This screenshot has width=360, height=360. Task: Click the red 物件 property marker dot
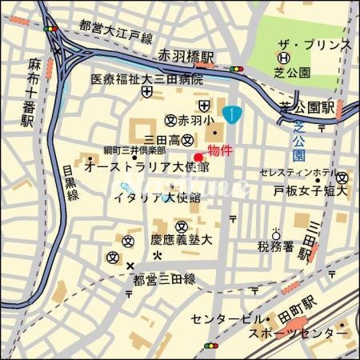click(199, 155)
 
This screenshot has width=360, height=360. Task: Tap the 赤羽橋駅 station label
click(186, 58)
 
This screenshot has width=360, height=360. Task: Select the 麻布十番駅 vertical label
click(33, 92)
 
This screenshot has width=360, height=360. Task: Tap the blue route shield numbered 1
click(231, 114)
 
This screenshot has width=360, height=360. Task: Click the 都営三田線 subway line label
click(164, 279)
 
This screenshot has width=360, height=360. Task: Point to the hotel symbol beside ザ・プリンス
click(282, 58)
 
